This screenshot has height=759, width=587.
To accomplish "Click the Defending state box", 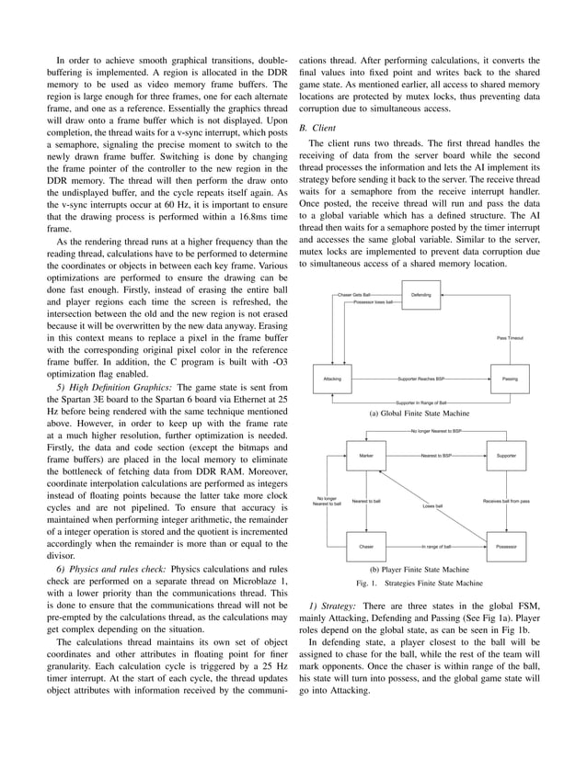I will (x=419, y=295).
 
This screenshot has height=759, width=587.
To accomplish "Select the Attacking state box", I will (x=332, y=379).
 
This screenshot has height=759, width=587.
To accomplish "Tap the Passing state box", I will (x=507, y=379).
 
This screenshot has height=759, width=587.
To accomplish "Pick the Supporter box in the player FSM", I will (x=506, y=456).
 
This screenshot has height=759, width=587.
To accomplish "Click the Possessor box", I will (x=506, y=547).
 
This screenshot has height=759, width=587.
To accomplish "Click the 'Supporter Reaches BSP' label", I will (x=420, y=379).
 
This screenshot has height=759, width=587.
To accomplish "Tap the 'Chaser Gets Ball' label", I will (x=355, y=295).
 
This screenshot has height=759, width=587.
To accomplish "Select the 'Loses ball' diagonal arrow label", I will (x=432, y=505).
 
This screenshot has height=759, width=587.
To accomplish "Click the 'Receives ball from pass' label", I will (x=506, y=501).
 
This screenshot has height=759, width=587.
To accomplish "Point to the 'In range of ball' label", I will (x=435, y=547).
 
